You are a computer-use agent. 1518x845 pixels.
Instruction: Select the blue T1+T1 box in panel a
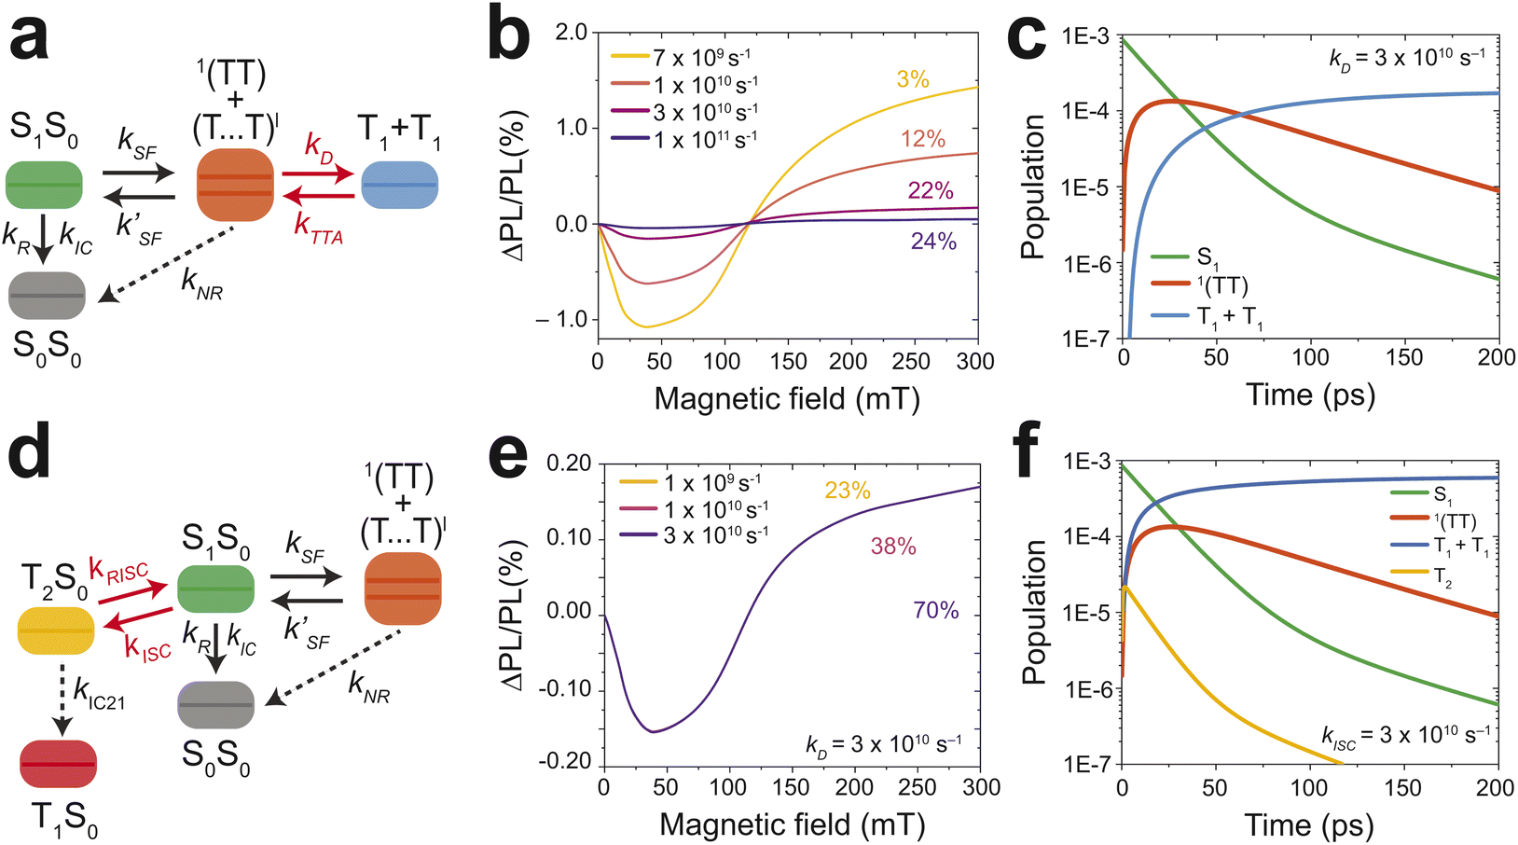click(x=399, y=185)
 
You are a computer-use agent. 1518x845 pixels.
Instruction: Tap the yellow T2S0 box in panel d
click(x=56, y=630)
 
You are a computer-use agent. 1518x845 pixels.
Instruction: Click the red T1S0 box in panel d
click(x=58, y=763)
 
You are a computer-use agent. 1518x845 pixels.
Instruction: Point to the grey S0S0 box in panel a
click(x=47, y=296)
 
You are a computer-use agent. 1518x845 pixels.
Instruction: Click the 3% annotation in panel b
click(x=913, y=80)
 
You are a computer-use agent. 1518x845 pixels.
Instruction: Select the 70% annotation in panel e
click(x=936, y=611)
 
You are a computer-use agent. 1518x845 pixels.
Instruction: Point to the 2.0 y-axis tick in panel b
click(x=570, y=33)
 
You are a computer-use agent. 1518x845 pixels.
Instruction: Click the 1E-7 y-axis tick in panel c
click(x=1086, y=339)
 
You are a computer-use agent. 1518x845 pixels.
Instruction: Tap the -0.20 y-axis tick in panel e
click(x=565, y=762)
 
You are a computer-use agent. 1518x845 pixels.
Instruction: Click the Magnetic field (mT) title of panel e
click(x=792, y=824)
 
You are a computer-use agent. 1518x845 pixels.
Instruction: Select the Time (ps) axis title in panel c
click(x=1310, y=395)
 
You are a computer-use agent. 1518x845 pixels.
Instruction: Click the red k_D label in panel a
click(x=319, y=146)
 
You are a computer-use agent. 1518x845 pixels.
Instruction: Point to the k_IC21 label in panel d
click(x=98, y=694)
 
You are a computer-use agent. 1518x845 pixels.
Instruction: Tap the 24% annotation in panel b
click(x=933, y=242)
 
